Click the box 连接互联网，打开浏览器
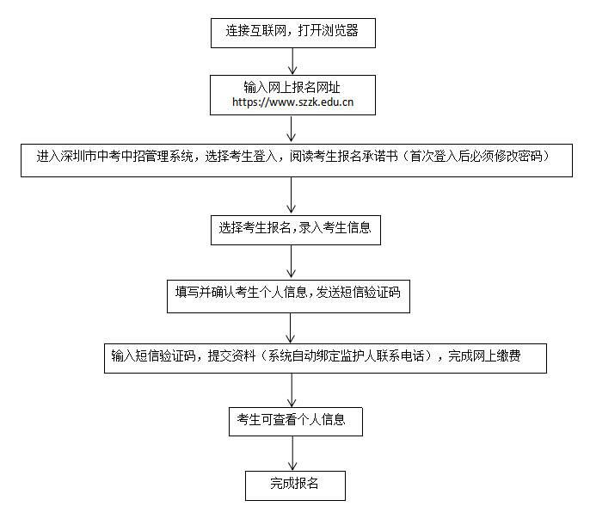click(x=292, y=32)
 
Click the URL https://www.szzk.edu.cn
click(x=293, y=102)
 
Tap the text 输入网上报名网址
click(x=293, y=86)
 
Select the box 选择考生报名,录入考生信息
click(x=294, y=228)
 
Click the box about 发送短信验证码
click(x=288, y=293)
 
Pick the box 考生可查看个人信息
click(x=292, y=420)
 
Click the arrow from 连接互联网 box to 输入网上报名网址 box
click(x=293, y=60)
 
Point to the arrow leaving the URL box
click(x=293, y=127)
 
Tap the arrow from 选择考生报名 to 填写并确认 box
click(x=293, y=260)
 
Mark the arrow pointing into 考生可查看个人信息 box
click(x=293, y=389)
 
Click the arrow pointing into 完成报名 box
click(x=293, y=453)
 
